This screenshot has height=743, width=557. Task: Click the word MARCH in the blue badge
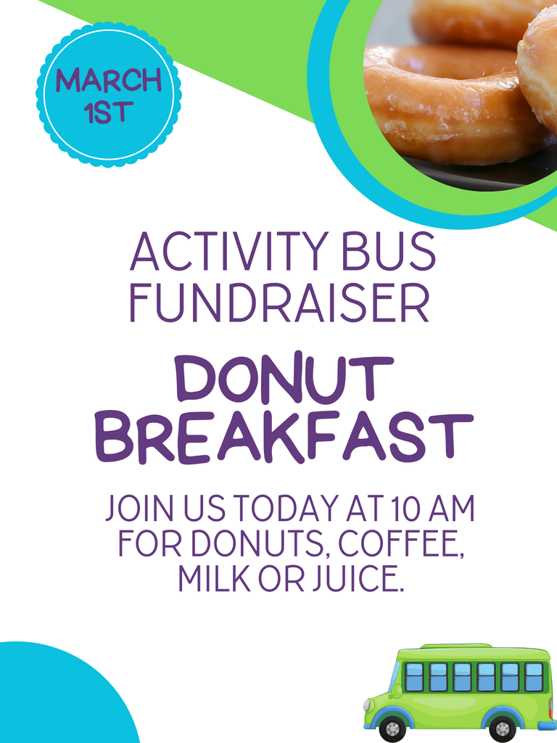[x=109, y=81]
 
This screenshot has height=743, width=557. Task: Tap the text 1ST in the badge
[x=109, y=112]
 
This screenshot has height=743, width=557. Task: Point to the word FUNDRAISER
[x=280, y=304]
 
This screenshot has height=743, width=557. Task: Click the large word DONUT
[x=284, y=380]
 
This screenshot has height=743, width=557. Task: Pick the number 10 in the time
[x=402, y=509]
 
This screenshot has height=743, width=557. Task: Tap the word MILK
[x=210, y=578]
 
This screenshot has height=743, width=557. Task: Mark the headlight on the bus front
[x=368, y=705]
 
